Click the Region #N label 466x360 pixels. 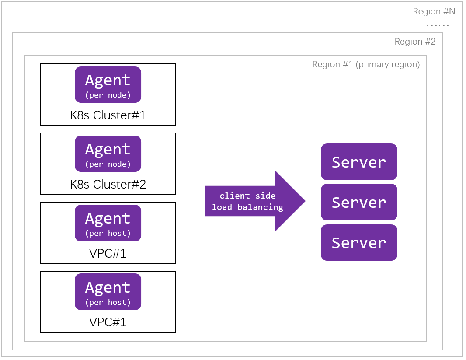434,11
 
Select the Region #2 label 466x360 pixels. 415,42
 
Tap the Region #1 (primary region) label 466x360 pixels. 366,65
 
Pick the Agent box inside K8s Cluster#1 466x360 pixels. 108,84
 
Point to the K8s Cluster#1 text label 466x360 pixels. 108,115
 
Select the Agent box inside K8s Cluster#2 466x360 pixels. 108,154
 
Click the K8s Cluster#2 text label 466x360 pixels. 108,185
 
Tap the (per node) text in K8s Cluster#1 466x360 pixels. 108,95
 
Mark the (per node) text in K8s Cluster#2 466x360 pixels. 108,164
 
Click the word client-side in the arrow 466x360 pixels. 247,196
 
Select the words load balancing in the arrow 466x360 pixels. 247,207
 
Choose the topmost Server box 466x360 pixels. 359,162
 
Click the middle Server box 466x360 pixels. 359,202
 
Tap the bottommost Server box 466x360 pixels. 359,242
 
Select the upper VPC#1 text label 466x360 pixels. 108,254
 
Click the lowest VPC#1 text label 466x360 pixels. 108,322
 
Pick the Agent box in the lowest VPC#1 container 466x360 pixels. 108,292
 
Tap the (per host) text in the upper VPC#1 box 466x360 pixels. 108,234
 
